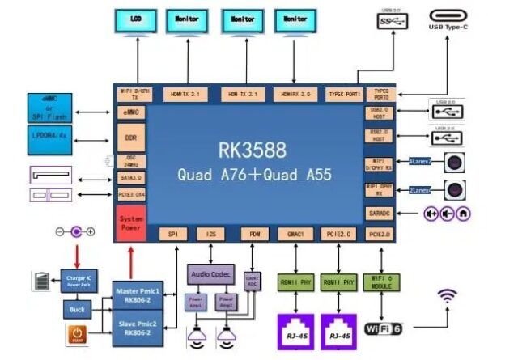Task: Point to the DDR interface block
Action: click(130, 138)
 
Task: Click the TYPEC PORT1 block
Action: click(344, 94)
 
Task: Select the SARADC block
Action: click(378, 214)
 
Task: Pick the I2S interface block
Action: click(207, 234)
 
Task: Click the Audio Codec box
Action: click(210, 274)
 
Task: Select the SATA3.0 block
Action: click(130, 176)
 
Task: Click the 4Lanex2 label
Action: click(419, 162)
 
